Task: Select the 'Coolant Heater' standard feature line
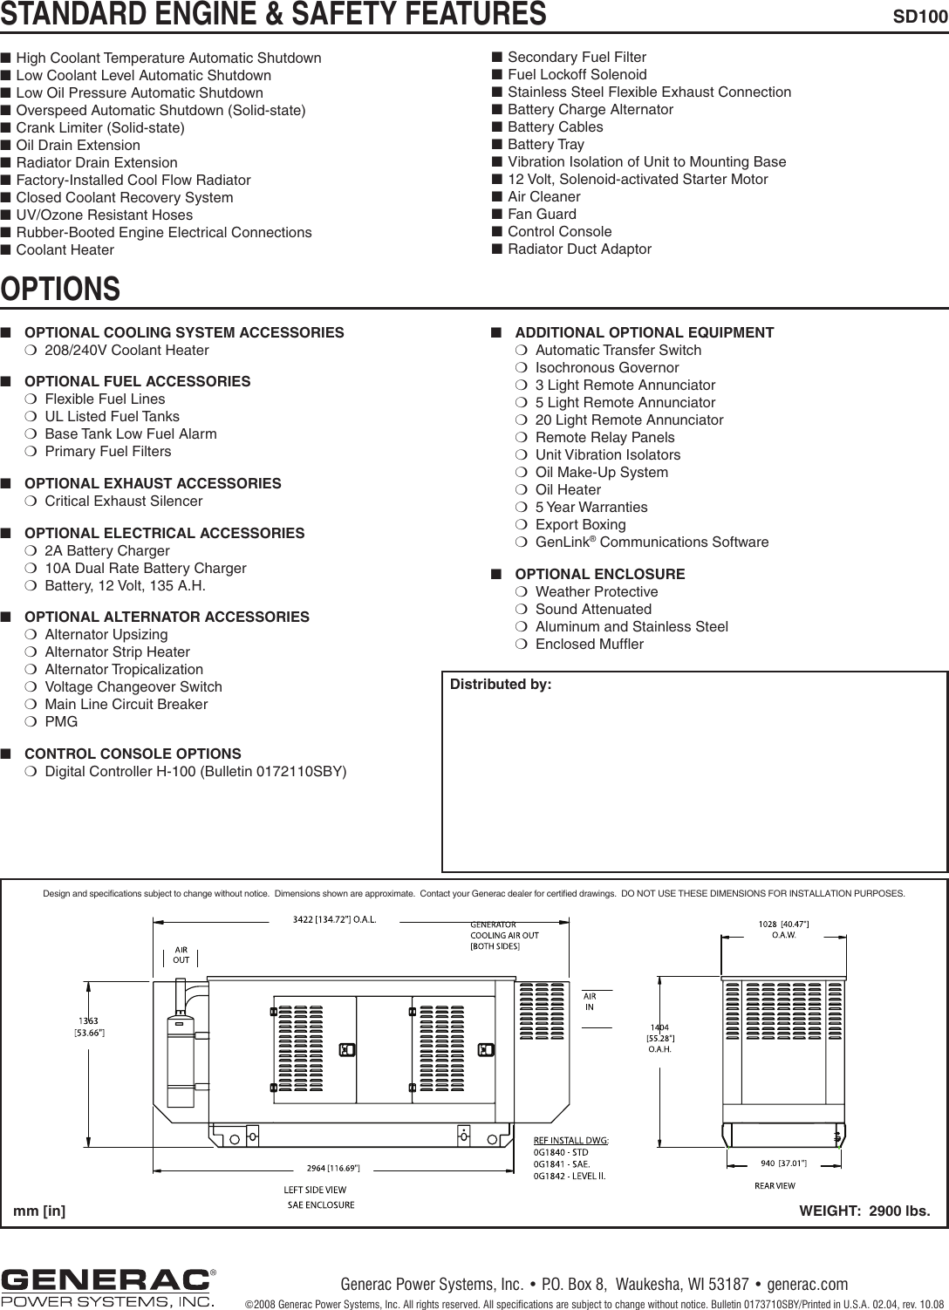click(x=65, y=250)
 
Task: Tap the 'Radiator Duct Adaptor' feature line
click(x=579, y=249)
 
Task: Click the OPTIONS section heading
click(x=60, y=289)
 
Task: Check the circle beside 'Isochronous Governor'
click(x=522, y=368)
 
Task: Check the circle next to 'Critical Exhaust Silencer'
click(x=31, y=501)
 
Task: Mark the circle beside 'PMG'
click(x=31, y=722)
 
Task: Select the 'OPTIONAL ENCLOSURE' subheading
click(x=600, y=574)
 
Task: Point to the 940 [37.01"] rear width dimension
click(x=778, y=1163)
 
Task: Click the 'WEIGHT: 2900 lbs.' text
click(x=864, y=1211)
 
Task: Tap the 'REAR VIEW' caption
click(x=775, y=1185)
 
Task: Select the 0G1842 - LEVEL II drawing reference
click(x=570, y=1176)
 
